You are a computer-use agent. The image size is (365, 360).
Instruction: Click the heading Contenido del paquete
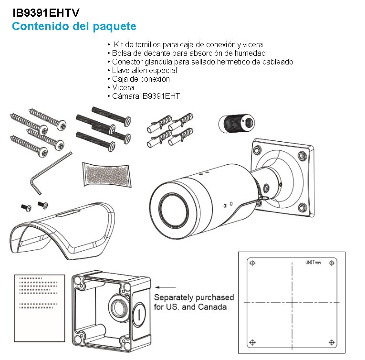click(74, 26)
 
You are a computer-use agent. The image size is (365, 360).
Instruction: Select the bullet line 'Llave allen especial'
click(138, 70)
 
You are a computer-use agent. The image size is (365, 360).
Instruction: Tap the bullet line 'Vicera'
click(123, 87)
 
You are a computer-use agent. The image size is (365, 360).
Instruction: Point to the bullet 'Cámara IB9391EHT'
click(146, 96)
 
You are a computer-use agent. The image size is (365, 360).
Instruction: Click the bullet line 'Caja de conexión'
click(141, 79)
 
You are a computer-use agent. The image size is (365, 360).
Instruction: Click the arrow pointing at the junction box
click(163, 287)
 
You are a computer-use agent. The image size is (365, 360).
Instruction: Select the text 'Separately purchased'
click(194, 297)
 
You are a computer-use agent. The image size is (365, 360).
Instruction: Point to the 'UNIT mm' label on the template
click(313, 262)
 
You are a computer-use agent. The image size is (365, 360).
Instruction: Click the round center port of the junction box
click(117, 305)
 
